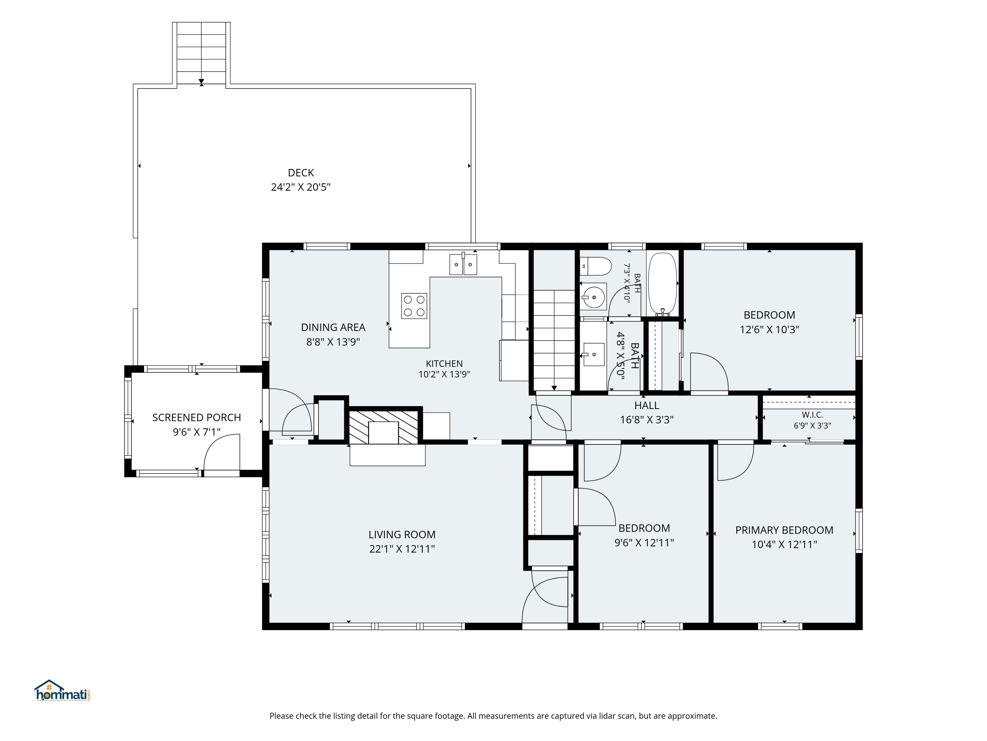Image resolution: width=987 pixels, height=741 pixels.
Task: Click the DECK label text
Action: point(301,173)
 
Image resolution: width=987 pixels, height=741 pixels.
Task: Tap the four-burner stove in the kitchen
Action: point(414,306)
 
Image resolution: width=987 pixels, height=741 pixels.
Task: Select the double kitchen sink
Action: point(463,264)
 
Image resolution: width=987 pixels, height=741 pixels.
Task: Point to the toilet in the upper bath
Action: point(595,266)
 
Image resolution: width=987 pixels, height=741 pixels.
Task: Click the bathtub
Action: point(663,284)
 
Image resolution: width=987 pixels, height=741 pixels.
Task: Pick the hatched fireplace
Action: point(383,427)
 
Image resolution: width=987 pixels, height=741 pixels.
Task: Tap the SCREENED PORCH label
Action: point(196,418)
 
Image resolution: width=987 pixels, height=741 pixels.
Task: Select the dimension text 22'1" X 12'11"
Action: point(402,549)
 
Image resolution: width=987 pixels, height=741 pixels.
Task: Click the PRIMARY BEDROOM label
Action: point(784,530)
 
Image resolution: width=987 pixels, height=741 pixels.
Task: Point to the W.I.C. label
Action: point(812,415)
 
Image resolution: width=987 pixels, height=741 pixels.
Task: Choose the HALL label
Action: point(646,405)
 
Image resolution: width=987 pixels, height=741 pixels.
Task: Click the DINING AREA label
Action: point(333,327)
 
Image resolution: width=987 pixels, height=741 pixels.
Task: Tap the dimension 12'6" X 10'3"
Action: point(769,330)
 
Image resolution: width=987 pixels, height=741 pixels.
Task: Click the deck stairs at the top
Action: point(201,53)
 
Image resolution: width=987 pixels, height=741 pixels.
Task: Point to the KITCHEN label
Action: point(444,364)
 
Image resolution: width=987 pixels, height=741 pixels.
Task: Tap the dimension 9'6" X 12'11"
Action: point(644,543)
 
